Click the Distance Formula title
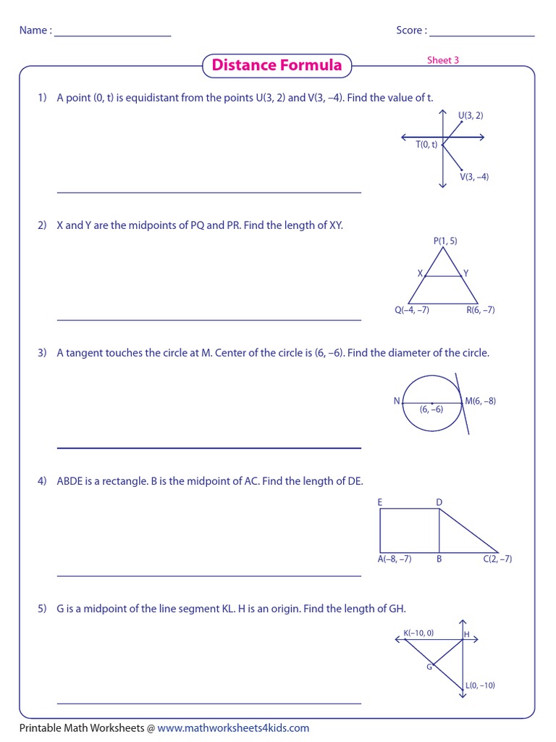[x=277, y=65]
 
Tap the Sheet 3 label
[x=443, y=60]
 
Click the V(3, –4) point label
[x=474, y=177]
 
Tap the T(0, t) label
[x=426, y=144]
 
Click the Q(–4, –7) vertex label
[x=412, y=310]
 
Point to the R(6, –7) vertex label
[x=481, y=310]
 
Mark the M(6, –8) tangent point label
[x=481, y=401]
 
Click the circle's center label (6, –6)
[x=431, y=409]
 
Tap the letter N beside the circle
[x=397, y=401]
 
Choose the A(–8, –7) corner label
[x=395, y=559]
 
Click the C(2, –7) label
[x=497, y=559]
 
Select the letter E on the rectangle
[x=380, y=502]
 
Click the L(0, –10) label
[x=480, y=685]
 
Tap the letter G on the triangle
[x=429, y=667]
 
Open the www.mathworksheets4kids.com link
[x=233, y=728]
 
